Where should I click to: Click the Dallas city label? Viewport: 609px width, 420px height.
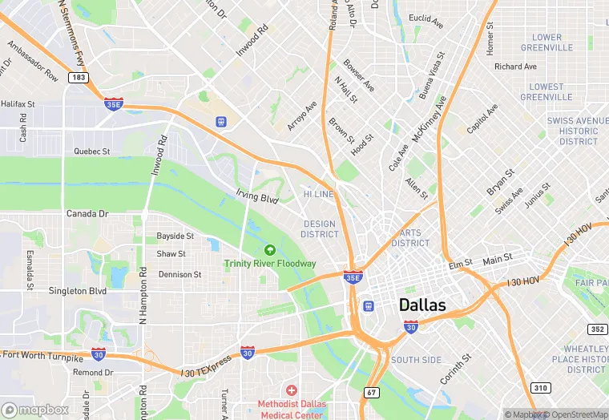tap(421, 304)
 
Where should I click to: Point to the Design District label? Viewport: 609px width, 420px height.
tap(320, 229)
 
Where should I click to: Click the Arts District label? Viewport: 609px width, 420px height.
tap(410, 238)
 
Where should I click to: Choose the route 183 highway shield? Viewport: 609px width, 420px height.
tap(79, 78)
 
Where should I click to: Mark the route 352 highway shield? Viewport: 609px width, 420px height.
tap(596, 329)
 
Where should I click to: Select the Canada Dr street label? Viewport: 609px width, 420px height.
tap(87, 214)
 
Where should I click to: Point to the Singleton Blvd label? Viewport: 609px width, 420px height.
tap(78, 291)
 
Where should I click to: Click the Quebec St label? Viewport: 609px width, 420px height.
tap(91, 151)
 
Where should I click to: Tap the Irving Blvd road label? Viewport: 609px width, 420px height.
tap(256, 196)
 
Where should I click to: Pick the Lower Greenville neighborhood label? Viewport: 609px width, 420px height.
tap(546, 42)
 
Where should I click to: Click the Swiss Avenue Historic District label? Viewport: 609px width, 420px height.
tap(578, 131)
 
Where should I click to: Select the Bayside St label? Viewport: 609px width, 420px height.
tap(175, 236)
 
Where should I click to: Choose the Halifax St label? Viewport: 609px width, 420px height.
tap(18, 104)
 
